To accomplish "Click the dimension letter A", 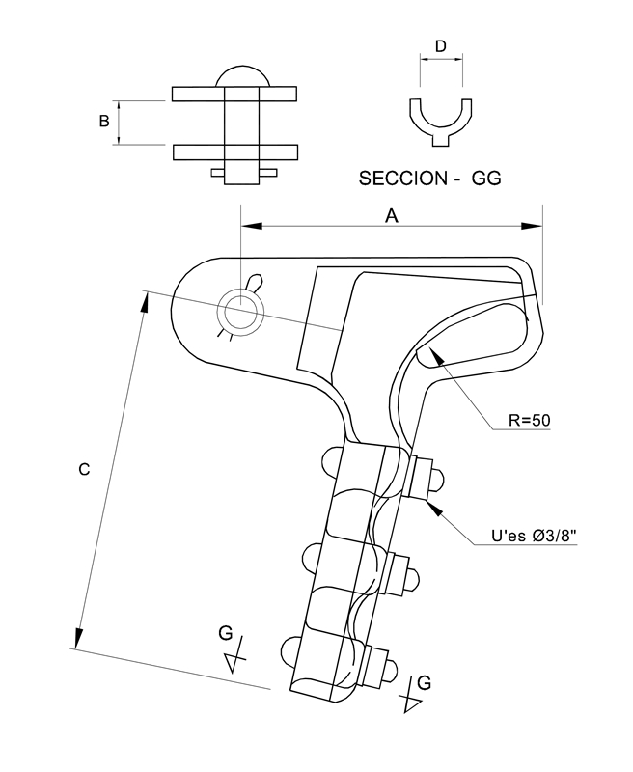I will (391, 217).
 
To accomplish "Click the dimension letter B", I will (104, 121).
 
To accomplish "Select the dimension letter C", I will (84, 469).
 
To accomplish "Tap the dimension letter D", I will (440, 46).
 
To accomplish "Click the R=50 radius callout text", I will (529, 421).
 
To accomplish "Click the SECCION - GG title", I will (430, 179).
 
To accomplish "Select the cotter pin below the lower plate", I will (243, 174).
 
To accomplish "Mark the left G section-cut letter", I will (226, 633).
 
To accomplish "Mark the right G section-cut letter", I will (424, 683).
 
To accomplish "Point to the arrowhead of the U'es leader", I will (435, 508).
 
